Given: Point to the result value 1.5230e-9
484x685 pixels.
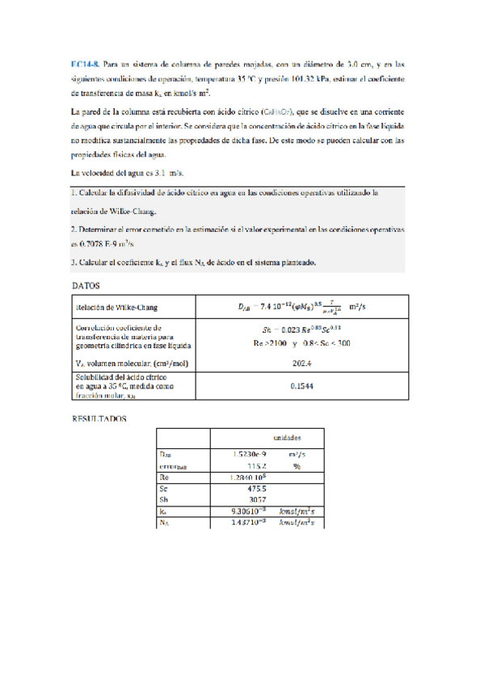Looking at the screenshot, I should point(239,455).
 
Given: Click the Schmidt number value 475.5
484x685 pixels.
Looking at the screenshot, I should point(246,489).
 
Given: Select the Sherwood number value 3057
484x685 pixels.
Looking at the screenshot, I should point(246,500).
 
